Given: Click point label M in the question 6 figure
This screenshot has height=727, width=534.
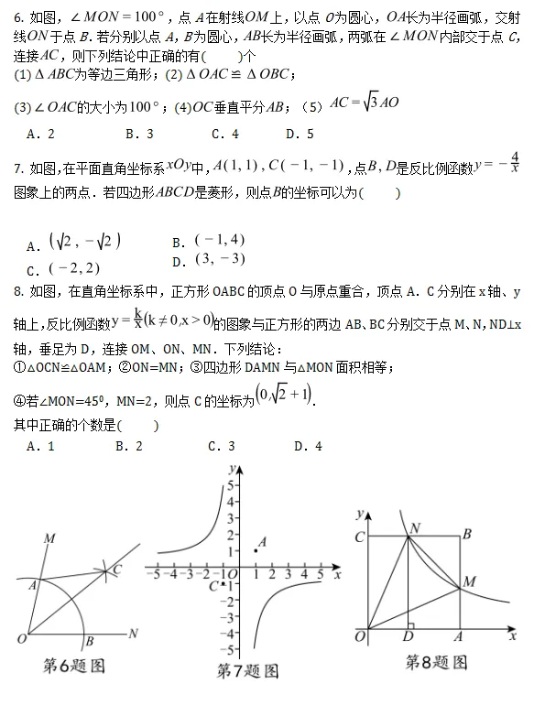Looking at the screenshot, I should coord(47,538).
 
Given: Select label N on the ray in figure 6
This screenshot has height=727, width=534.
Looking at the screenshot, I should coord(134,633).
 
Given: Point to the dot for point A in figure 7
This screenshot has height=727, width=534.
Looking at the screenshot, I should coord(255,550).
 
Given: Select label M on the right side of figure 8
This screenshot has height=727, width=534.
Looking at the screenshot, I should coord(470,581).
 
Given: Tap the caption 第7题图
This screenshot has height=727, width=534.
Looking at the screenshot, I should coord(247,671).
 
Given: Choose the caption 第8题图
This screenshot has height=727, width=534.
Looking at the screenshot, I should coord(436,662).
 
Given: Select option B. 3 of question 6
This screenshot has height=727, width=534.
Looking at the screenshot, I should coord(137,134).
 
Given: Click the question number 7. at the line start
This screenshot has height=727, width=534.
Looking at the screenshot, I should coord(21,168).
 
